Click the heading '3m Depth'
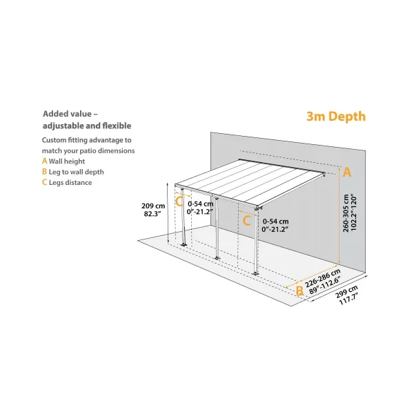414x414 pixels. point(336,117)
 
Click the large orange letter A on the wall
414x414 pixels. point(347,172)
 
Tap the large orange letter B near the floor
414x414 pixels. point(299,291)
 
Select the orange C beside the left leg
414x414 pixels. point(179,202)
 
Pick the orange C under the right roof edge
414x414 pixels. point(246,221)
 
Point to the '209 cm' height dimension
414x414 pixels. point(152,206)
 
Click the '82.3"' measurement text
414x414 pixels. point(152,215)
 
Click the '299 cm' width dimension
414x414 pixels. point(348,293)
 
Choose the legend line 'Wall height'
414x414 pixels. point(68,161)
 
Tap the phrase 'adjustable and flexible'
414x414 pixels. point(86,126)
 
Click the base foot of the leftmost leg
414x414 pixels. point(184,245)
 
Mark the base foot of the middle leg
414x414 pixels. point(219,257)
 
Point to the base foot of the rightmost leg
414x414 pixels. point(257,273)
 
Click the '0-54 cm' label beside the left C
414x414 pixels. point(201,203)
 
